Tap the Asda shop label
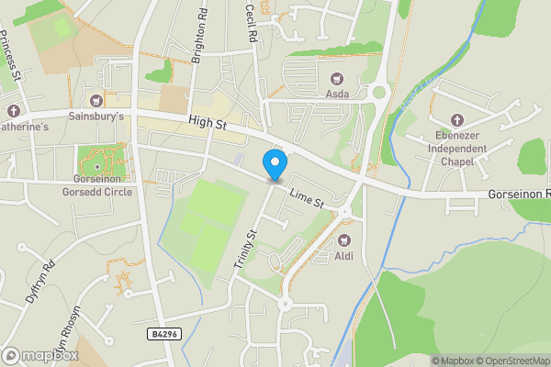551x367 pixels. click(x=336, y=94)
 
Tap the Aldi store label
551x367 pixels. click(x=343, y=256)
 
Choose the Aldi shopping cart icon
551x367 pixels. click(x=343, y=240)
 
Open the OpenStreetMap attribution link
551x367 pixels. click(x=512, y=361)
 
